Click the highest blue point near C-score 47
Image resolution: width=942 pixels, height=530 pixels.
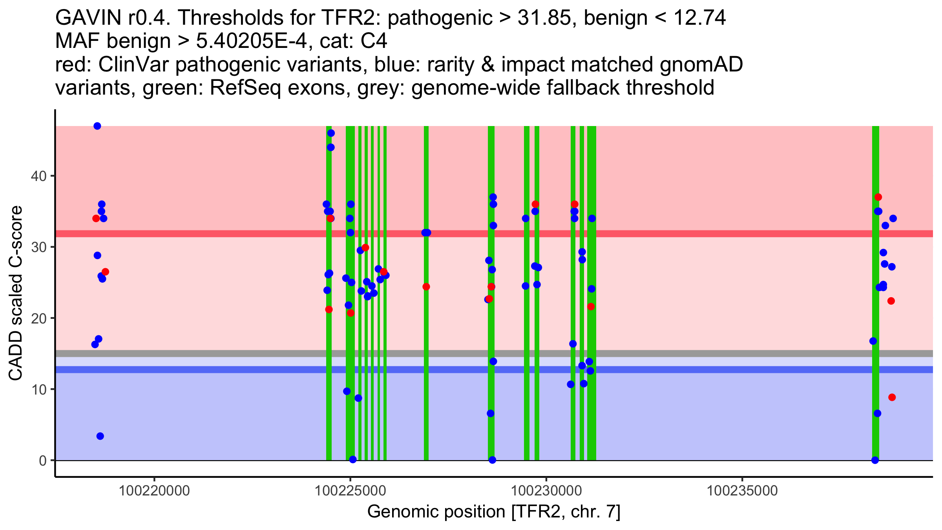(97, 126)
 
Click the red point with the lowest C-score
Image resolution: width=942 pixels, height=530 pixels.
(892, 397)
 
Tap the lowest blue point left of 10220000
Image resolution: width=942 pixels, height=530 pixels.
(100, 436)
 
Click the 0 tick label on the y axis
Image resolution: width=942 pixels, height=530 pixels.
(42, 461)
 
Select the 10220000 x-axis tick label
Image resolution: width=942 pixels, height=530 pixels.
(154, 491)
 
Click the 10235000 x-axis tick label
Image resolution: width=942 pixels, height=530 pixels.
(742, 491)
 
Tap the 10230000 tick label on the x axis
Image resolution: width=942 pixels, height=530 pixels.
(546, 491)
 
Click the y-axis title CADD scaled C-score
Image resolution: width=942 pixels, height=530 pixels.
(16, 294)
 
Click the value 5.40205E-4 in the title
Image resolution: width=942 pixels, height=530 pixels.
(251, 41)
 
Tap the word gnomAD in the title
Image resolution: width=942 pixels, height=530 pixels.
(701, 65)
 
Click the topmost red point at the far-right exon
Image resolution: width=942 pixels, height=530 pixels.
(878, 197)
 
